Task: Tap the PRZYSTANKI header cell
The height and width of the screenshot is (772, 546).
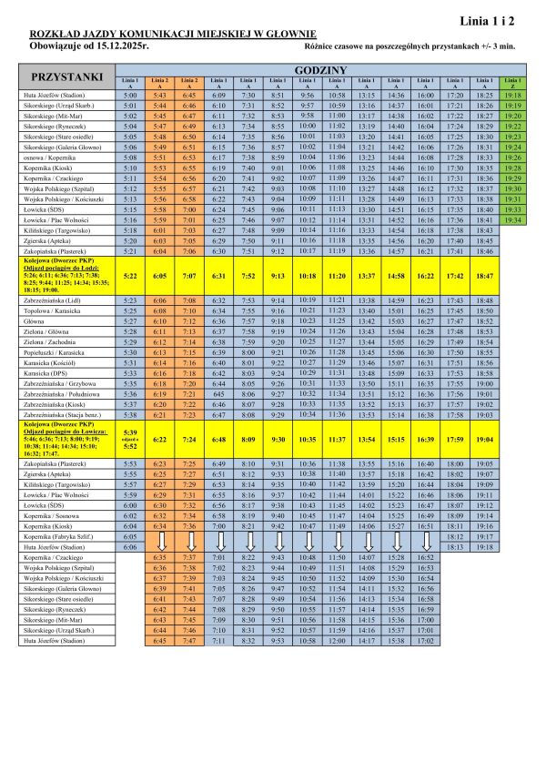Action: (67, 76)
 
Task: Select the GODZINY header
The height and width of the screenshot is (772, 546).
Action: (319, 70)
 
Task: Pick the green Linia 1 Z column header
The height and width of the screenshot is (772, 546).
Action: (511, 83)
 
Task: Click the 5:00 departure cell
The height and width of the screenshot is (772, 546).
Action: (129, 95)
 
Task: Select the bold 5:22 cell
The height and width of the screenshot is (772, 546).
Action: (129, 275)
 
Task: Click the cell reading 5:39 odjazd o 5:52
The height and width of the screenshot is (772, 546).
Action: (129, 439)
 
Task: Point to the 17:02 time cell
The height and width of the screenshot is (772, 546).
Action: (424, 641)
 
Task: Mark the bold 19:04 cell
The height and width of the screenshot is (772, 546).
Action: (484, 439)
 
